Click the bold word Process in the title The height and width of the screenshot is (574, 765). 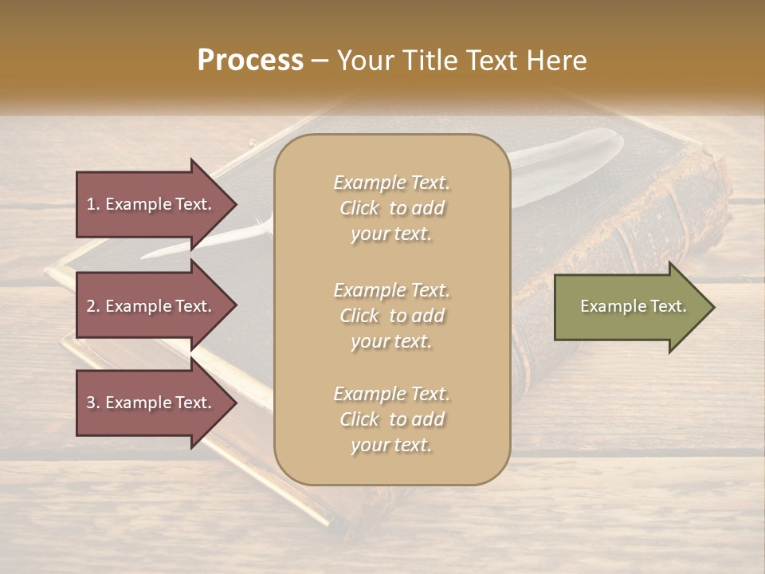click(x=250, y=61)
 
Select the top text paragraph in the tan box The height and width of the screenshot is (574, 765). click(x=391, y=208)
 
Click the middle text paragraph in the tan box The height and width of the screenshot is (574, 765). click(x=391, y=316)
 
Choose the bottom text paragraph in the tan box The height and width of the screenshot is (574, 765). click(x=391, y=419)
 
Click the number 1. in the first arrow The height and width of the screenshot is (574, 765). click(x=93, y=205)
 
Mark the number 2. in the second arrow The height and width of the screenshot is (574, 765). click(x=93, y=307)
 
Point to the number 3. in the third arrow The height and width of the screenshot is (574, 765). click(x=93, y=403)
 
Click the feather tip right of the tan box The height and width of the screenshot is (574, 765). click(x=574, y=155)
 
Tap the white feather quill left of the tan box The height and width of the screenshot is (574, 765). click(x=231, y=239)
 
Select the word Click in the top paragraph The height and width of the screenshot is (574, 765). click(x=359, y=208)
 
